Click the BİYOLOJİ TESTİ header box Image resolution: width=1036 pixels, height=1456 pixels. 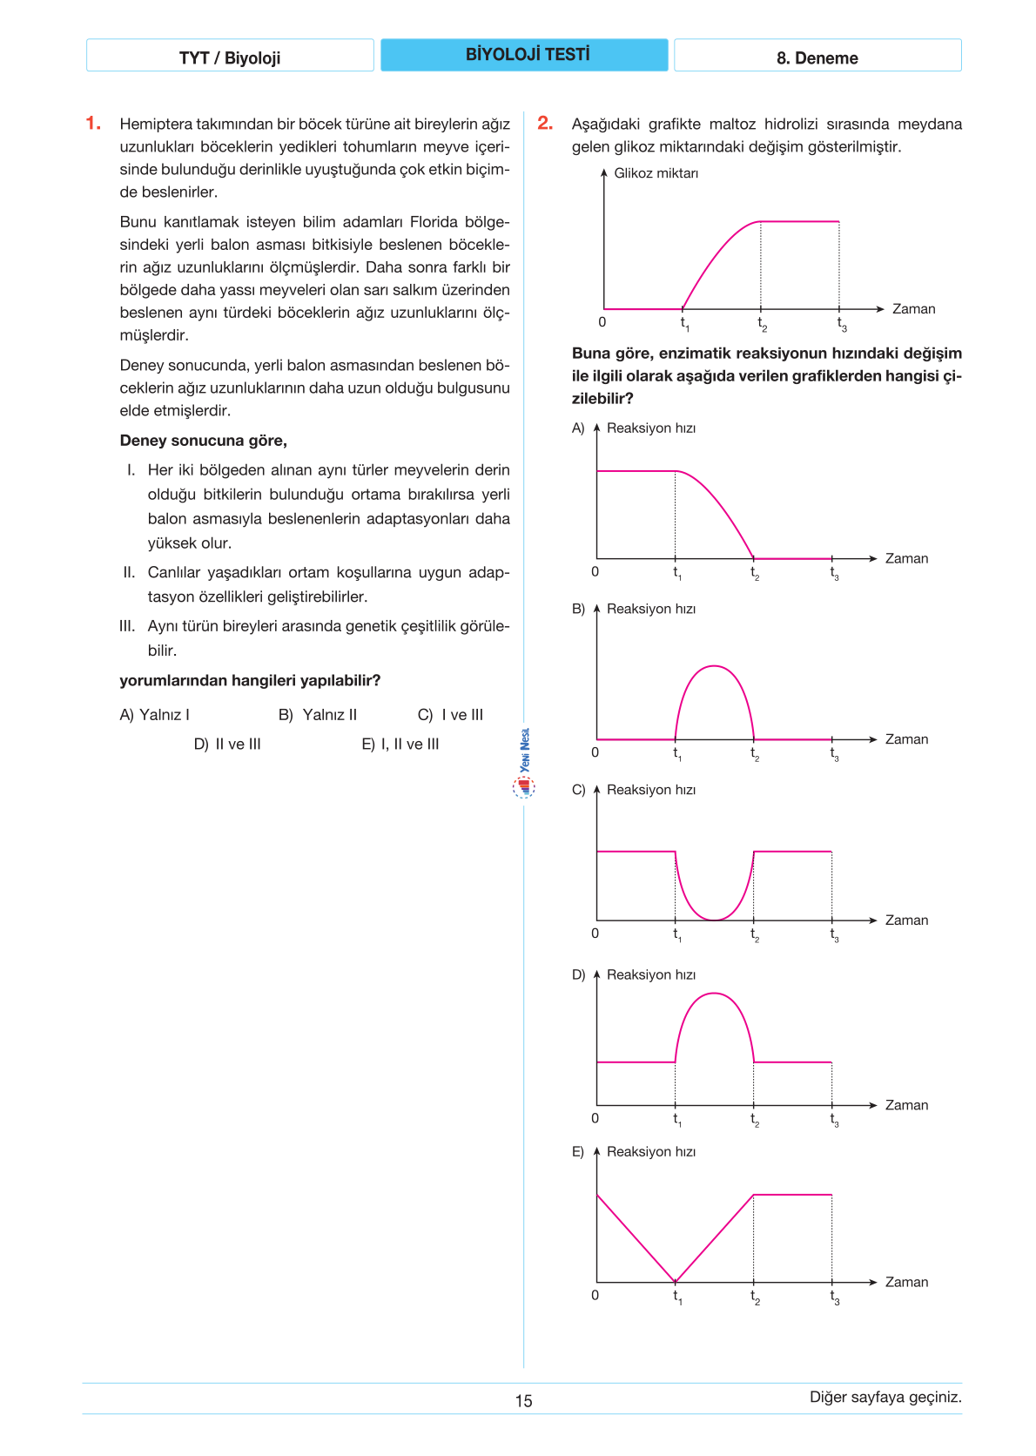[x=524, y=55]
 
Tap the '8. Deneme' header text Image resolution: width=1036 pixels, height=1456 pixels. [x=817, y=58]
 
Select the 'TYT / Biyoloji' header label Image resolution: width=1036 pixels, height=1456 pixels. [x=230, y=58]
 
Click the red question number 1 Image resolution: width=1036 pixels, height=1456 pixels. [x=93, y=124]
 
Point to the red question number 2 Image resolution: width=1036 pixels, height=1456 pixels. [x=545, y=124]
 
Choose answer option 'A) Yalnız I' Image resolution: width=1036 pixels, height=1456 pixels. [x=154, y=715]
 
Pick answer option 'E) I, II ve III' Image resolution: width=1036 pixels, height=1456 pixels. [x=400, y=745]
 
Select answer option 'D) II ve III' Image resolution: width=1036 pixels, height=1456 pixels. [x=227, y=745]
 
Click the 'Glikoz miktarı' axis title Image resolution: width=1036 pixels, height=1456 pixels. [x=656, y=173]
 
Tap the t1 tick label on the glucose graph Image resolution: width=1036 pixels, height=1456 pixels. [x=684, y=324]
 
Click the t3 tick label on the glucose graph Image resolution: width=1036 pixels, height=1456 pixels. [x=841, y=324]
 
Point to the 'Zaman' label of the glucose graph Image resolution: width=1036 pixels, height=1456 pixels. [x=913, y=309]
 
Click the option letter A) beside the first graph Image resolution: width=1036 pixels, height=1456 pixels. [x=578, y=428]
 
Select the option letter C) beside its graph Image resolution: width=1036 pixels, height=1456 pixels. [x=578, y=790]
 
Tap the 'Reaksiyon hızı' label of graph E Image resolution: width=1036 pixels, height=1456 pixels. [x=650, y=1152]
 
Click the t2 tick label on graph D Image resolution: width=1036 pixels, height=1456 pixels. [x=755, y=1120]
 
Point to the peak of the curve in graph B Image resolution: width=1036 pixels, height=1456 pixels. [x=714, y=666]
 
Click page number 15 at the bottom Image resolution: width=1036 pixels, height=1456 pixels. [x=523, y=1401]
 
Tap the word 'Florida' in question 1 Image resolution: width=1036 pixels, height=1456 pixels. [x=435, y=222]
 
